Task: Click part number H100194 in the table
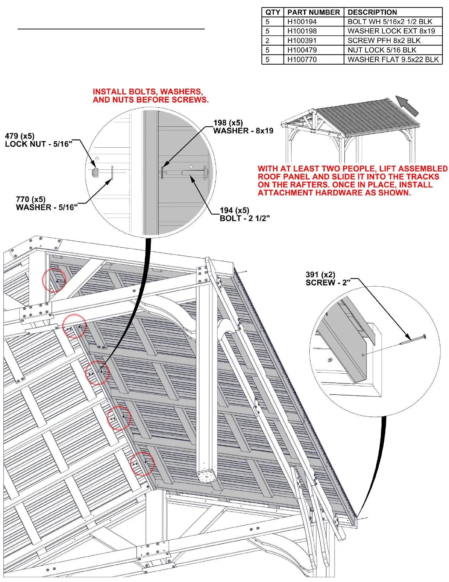302,22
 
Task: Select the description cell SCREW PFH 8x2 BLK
384,40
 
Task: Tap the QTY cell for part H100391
267,40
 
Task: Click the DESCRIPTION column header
372,12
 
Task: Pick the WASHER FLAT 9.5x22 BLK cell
393,60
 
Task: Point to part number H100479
302,50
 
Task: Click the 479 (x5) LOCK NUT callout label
38,140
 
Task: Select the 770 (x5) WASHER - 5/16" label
47,203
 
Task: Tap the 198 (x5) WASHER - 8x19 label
243,127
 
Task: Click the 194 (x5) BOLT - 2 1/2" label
244,214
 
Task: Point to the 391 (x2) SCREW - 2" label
328,279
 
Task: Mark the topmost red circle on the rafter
54,280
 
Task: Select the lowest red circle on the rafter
142,464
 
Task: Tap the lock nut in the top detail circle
95,172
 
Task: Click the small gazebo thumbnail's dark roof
367,118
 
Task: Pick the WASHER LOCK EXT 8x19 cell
391,31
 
